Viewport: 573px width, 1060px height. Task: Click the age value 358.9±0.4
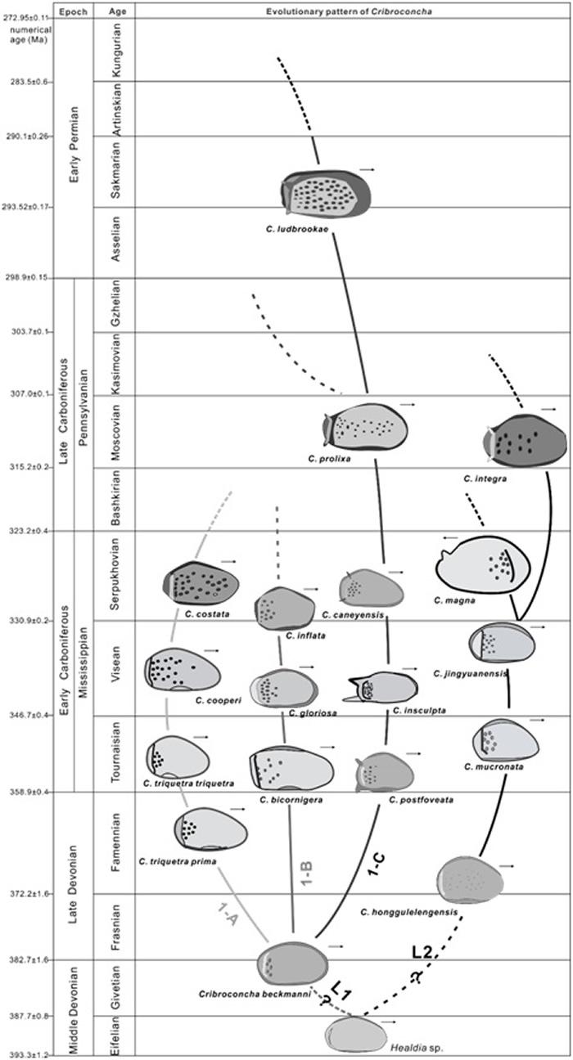point(27,792)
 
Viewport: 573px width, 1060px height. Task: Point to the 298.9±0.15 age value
point(26,278)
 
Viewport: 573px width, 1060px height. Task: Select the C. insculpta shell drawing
point(384,688)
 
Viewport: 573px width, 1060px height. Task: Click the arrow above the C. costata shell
point(228,562)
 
